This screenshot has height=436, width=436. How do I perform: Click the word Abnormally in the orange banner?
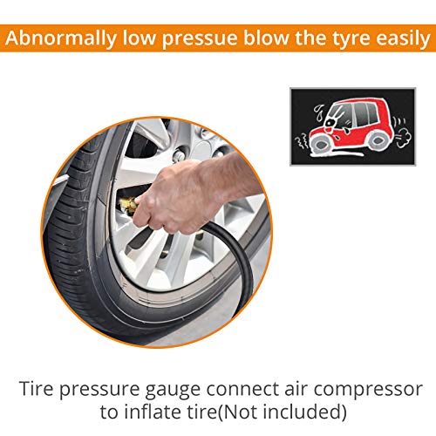click(x=61, y=39)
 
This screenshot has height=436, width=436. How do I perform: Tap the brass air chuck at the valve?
click(x=128, y=204)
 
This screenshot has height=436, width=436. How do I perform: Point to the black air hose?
click(x=233, y=255)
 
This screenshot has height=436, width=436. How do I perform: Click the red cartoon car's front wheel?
click(x=320, y=144)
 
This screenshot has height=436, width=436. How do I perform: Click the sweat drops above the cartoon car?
click(x=319, y=112)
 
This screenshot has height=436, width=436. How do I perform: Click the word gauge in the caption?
click(x=173, y=390)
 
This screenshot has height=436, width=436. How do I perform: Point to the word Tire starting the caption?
click(x=37, y=389)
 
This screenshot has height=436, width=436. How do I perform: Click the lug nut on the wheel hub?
click(x=178, y=156)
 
